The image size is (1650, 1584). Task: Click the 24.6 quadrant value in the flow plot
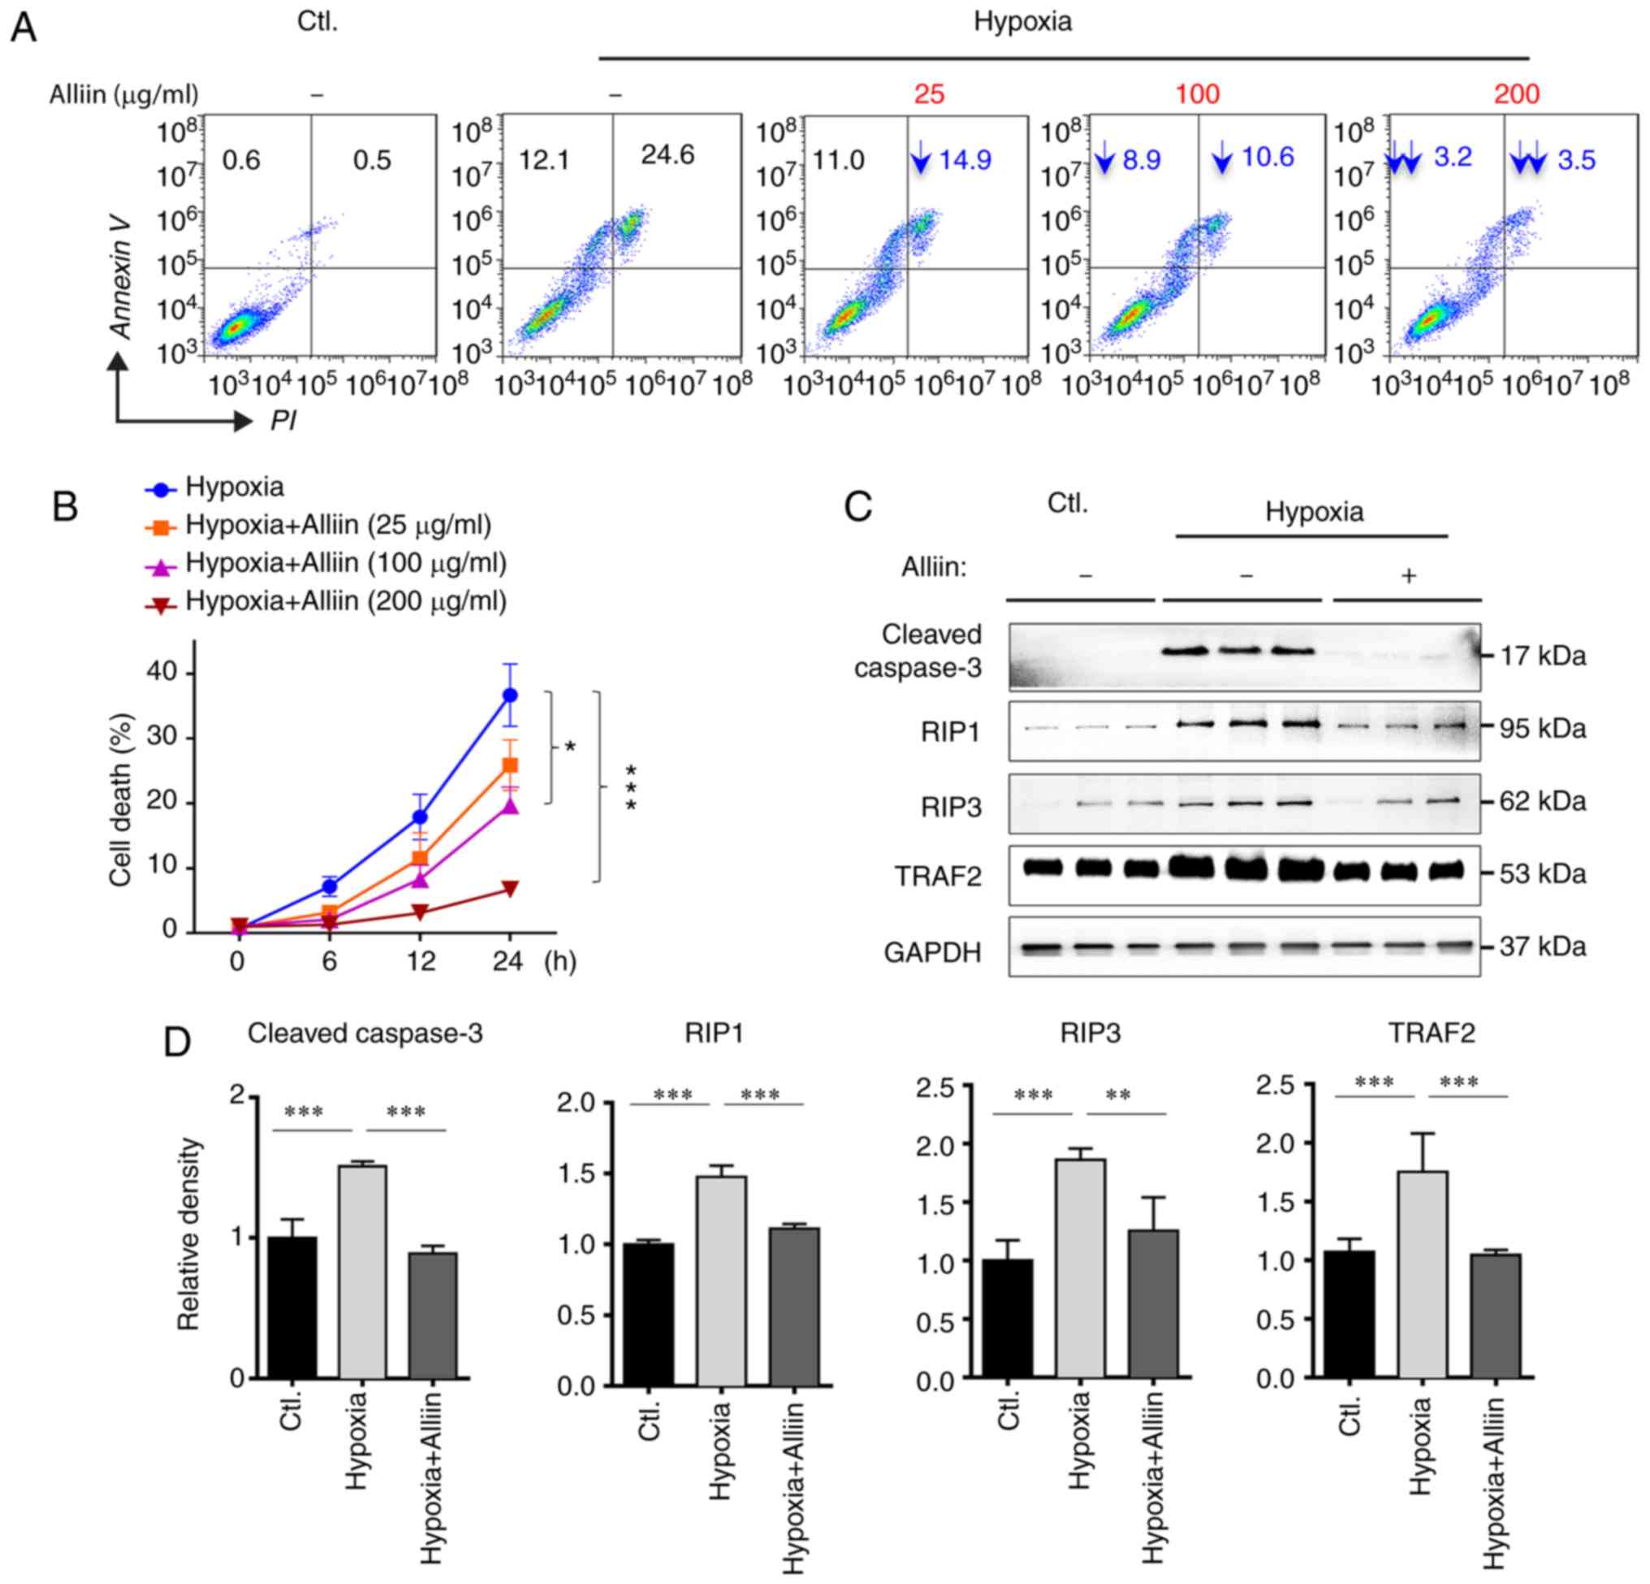[667, 156]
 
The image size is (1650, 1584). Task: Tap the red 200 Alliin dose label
[1516, 94]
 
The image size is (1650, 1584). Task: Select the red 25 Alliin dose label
[929, 94]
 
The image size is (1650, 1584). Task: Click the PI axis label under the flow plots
[283, 420]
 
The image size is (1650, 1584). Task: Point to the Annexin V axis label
[123, 277]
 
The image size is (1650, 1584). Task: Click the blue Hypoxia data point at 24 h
[509, 695]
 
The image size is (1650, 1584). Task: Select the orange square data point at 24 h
[509, 764]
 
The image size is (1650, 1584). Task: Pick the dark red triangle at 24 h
[509, 889]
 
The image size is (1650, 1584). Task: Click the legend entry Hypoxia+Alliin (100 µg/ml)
[346, 563]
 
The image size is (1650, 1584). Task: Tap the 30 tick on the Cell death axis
[162, 737]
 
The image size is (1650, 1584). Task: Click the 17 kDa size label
[1542, 656]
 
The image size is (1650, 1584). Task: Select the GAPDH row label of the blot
[932, 952]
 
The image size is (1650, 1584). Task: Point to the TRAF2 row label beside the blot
[937, 876]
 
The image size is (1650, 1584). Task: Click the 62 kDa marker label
[1542, 801]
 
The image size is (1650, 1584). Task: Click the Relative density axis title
[188, 1235]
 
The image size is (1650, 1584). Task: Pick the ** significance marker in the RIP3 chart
[1118, 1096]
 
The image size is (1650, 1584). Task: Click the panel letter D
[177, 1042]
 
